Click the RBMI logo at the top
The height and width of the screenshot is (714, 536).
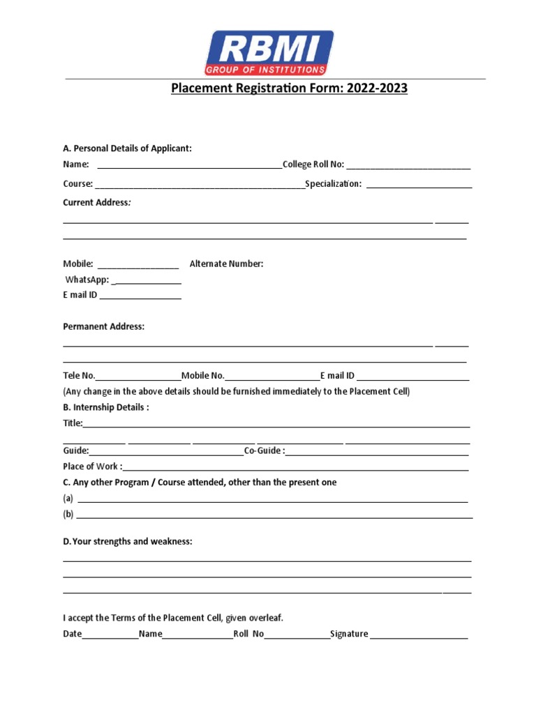click(x=269, y=52)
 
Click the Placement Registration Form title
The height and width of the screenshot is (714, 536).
click(x=289, y=89)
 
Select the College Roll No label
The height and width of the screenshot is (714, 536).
click(x=313, y=165)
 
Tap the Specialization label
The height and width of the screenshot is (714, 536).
click(x=333, y=183)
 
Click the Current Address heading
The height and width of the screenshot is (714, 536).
click(x=97, y=202)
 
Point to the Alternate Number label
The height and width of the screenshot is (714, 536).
click(x=226, y=264)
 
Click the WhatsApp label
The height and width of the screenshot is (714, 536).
click(x=87, y=280)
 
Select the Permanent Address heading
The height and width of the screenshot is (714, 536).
click(x=103, y=326)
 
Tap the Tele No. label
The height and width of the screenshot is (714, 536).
click(x=79, y=376)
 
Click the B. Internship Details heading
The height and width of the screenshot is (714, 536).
click(x=105, y=407)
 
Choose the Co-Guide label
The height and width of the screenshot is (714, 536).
click(x=264, y=450)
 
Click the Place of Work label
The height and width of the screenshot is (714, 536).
click(x=92, y=466)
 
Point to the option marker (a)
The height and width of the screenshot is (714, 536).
click(x=68, y=499)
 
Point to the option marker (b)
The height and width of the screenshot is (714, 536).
click(x=68, y=515)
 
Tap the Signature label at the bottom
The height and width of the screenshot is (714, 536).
click(x=349, y=634)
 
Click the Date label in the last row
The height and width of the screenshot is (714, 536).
click(x=72, y=634)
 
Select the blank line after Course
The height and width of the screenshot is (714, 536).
click(x=199, y=185)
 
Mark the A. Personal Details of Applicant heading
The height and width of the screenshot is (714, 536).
click(x=127, y=148)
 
